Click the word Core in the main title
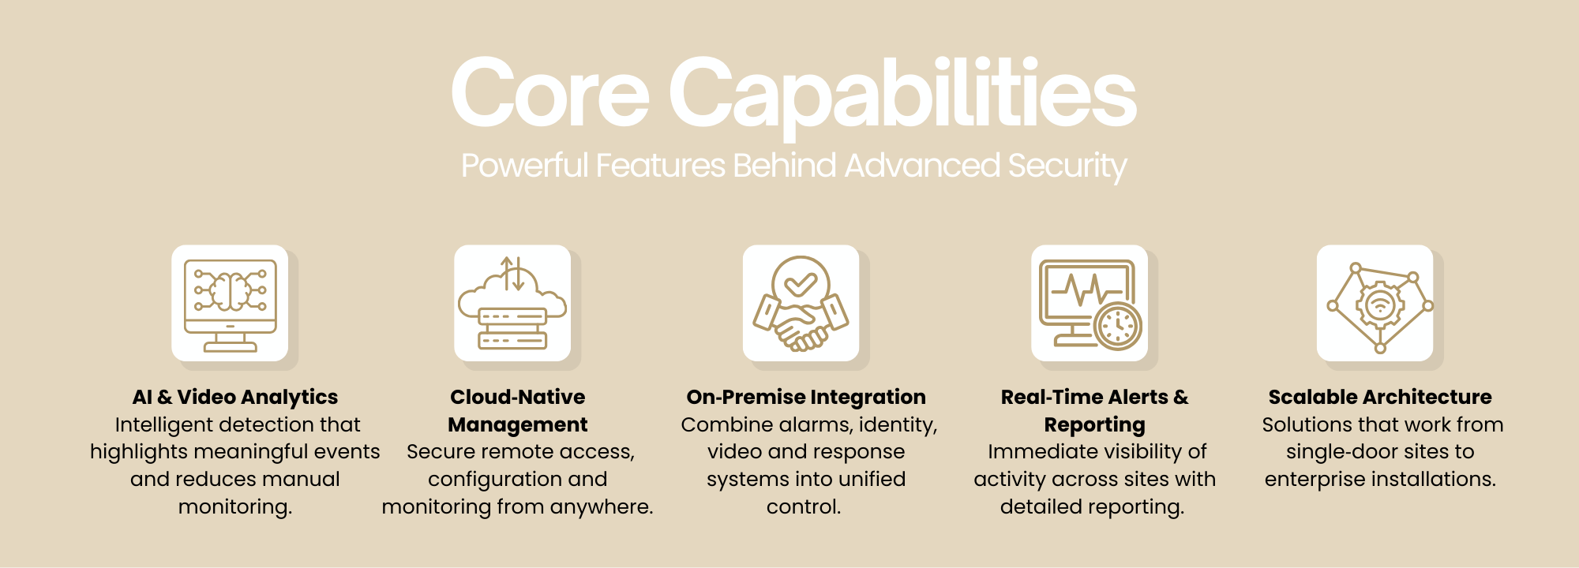point(549,93)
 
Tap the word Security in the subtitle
point(1067,166)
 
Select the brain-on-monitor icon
point(230,304)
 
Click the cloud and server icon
point(512,304)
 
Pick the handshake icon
point(801,304)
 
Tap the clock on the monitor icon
point(1118,325)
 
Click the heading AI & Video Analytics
point(235,397)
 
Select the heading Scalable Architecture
point(1380,397)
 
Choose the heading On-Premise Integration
point(806,398)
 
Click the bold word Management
point(518,425)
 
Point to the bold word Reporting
point(1094,425)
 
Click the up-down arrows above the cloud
point(513,273)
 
